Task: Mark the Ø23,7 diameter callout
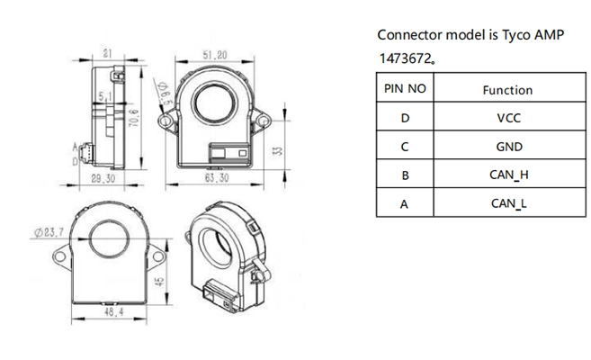(x=50, y=231)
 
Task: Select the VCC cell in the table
(x=507, y=118)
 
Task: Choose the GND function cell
(x=508, y=147)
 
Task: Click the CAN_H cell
(x=508, y=175)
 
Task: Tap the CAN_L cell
(x=508, y=203)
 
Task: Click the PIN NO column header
(x=405, y=90)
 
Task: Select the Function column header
(x=507, y=90)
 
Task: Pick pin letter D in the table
(x=405, y=118)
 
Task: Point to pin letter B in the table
(x=405, y=175)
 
